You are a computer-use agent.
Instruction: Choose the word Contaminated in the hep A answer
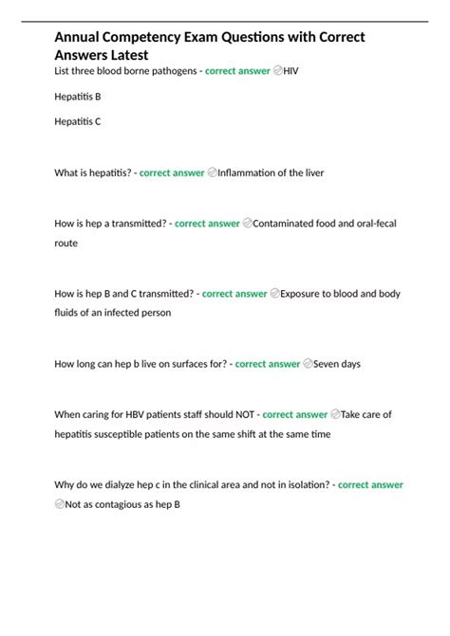click(291, 224)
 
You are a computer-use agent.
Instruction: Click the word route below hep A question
click(66, 243)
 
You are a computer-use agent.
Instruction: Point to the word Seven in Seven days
click(327, 364)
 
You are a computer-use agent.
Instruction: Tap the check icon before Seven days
click(308, 364)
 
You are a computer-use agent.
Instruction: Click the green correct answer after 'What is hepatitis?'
click(172, 173)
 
